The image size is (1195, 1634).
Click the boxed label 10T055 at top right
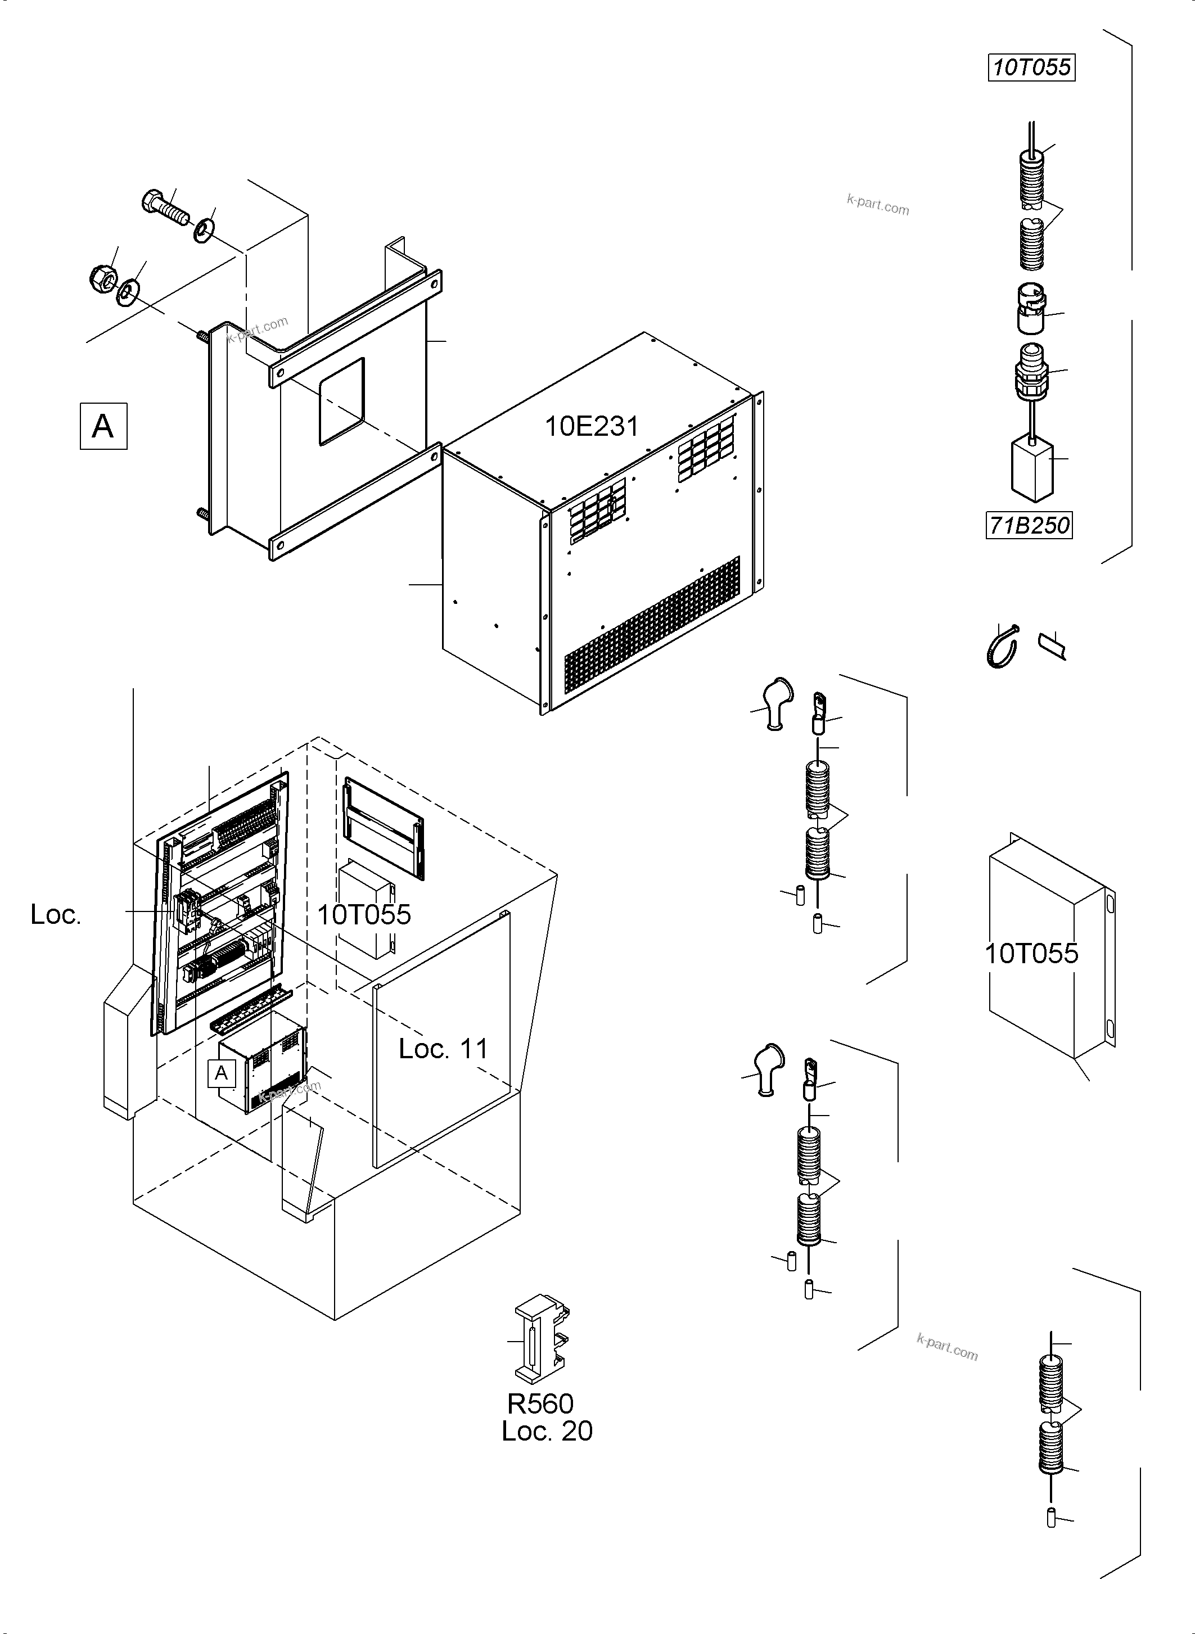pyautogui.click(x=1031, y=67)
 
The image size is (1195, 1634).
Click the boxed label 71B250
pyautogui.click(x=1029, y=525)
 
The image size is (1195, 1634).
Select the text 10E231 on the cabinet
pyautogui.click(x=591, y=426)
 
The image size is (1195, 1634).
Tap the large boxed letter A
pyautogui.click(x=103, y=426)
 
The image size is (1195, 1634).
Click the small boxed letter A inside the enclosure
pyautogui.click(x=222, y=1073)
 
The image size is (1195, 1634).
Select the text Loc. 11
pyautogui.click(x=444, y=1048)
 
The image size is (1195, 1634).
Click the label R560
pyautogui.click(x=540, y=1403)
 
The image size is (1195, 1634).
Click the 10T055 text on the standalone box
pyautogui.click(x=1031, y=953)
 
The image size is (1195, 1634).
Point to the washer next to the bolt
pyautogui.click(x=203, y=230)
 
